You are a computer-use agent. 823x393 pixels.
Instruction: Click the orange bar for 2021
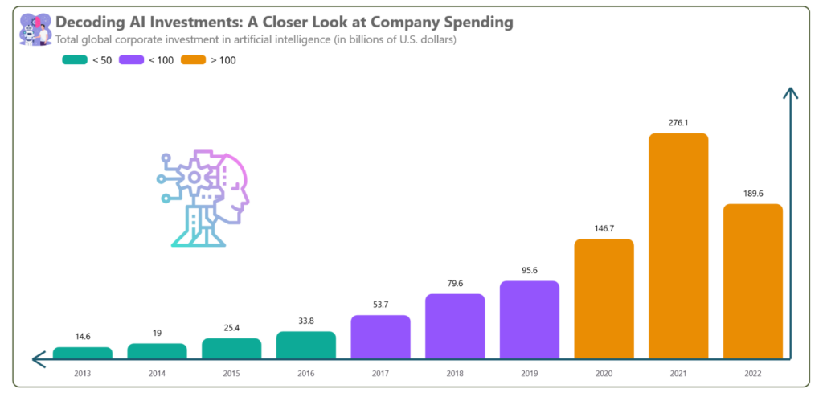(x=678, y=245)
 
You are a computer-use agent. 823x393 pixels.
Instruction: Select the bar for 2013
(x=83, y=353)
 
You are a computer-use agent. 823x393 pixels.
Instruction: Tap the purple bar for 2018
(x=455, y=326)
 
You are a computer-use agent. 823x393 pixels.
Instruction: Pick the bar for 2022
(x=753, y=281)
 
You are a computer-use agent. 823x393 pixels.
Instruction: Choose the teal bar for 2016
(x=306, y=345)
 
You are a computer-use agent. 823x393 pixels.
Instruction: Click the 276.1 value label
(x=678, y=122)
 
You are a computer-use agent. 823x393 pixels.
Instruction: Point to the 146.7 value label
(x=604, y=228)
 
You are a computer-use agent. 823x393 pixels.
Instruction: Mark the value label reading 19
(x=157, y=333)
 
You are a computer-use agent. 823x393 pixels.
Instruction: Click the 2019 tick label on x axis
(x=529, y=373)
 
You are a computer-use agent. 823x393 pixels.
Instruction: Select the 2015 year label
(x=231, y=373)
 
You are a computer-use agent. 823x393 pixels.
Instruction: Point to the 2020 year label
(x=604, y=373)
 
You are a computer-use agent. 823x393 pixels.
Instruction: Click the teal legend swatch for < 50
(x=74, y=60)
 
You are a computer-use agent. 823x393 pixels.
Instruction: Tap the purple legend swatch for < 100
(x=131, y=60)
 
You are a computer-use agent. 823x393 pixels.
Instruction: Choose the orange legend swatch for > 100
(x=194, y=60)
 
